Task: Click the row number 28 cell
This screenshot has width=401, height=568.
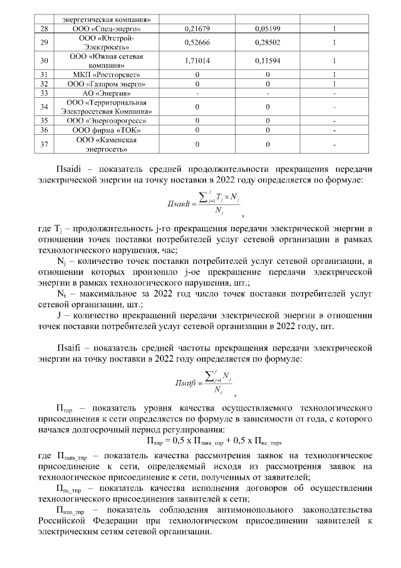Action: (x=44, y=29)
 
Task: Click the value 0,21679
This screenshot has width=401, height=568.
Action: (x=198, y=29)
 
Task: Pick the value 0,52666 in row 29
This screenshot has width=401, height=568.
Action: (x=198, y=43)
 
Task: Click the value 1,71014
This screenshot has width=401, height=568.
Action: (x=198, y=61)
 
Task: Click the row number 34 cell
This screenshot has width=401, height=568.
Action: (x=44, y=107)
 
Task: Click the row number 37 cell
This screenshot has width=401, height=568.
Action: (x=44, y=144)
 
